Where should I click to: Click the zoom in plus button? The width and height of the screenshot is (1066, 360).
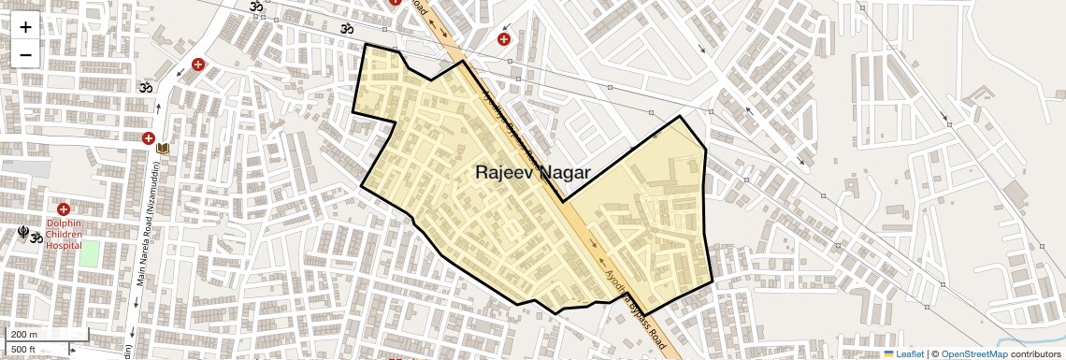click(x=25, y=27)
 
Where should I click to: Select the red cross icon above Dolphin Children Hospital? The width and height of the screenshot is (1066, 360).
click(x=64, y=209)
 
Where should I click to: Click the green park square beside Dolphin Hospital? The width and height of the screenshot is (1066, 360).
click(x=89, y=252)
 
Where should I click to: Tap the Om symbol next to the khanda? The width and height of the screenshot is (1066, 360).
click(x=36, y=238)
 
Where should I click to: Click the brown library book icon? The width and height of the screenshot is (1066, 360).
click(x=164, y=149)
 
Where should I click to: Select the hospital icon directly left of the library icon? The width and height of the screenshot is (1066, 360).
click(x=148, y=138)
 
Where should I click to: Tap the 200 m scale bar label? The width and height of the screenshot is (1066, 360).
click(x=24, y=335)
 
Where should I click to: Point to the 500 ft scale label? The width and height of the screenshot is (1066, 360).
click(x=24, y=350)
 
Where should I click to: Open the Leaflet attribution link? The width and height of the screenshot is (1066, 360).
click(x=904, y=353)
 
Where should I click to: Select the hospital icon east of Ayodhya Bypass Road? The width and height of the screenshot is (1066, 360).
click(x=504, y=39)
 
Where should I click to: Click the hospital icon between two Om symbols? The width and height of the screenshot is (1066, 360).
click(x=197, y=65)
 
